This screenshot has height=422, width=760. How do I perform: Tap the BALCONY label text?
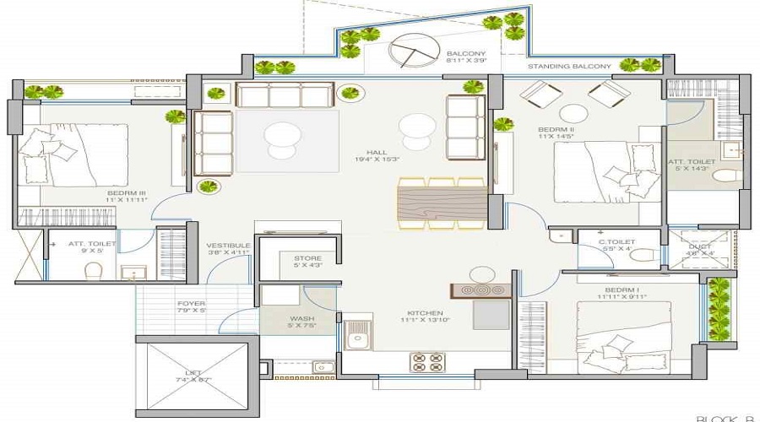click(x=466, y=51)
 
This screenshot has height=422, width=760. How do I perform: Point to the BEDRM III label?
click(x=127, y=193)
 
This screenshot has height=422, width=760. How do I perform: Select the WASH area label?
click(x=302, y=318)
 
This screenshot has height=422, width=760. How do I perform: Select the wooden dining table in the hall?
click(x=440, y=204)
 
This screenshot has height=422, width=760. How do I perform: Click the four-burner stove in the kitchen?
click(x=427, y=362)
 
